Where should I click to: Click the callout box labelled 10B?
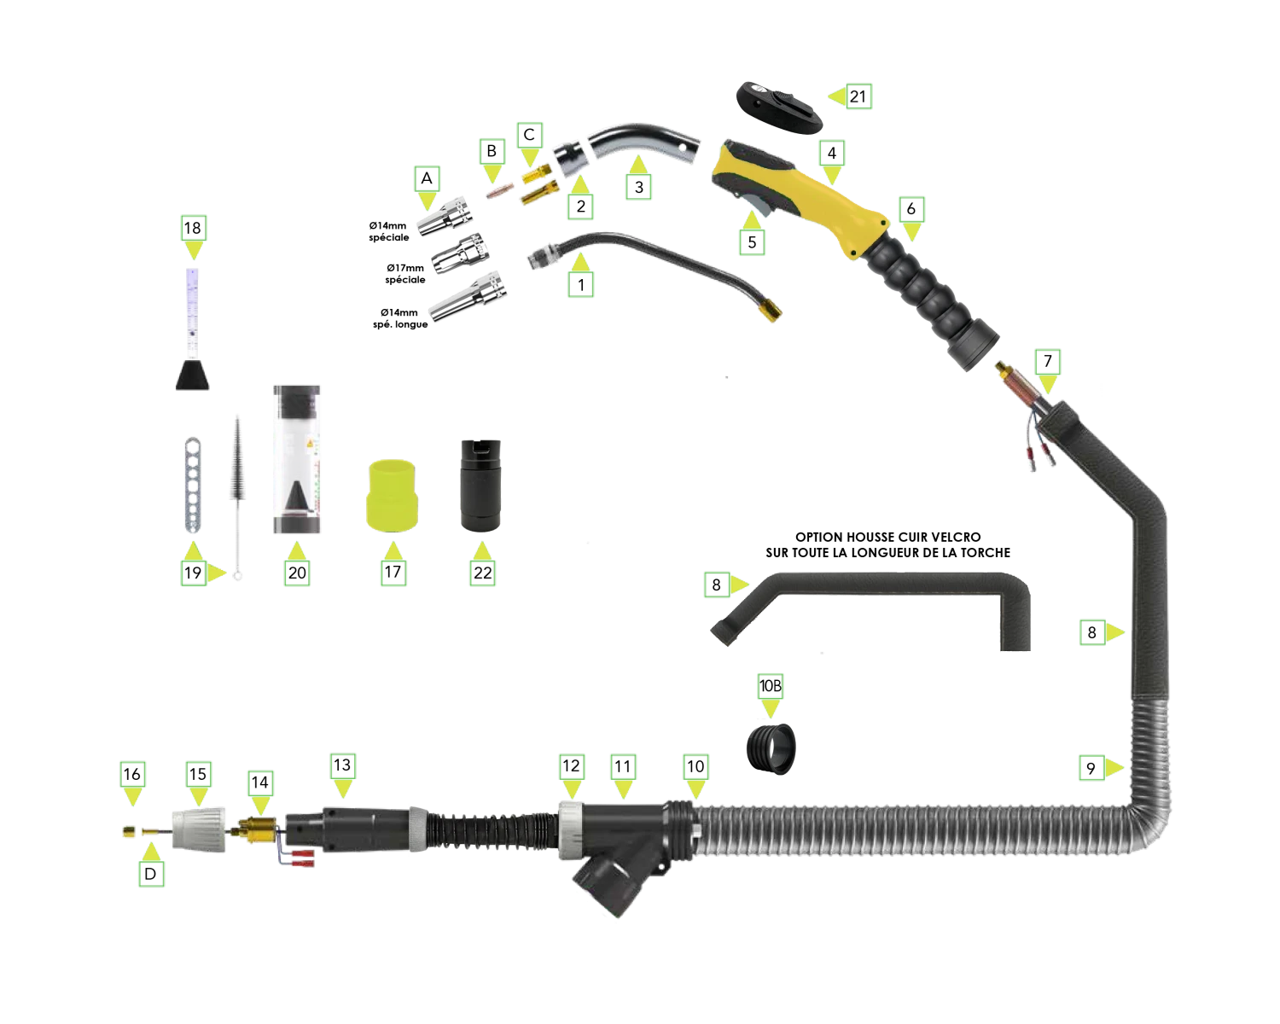point(771,686)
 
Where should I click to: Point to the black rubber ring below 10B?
point(771,748)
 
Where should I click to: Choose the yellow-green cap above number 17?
point(392,495)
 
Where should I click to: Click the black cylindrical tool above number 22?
point(481,485)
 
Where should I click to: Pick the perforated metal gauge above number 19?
point(193,485)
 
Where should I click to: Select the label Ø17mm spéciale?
point(405,274)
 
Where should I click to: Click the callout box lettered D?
point(151,874)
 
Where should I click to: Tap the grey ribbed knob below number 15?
point(200,829)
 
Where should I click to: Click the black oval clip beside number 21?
point(780,108)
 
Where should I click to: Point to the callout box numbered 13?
point(342,765)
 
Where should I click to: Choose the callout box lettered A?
point(427,178)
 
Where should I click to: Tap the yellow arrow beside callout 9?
point(1114,768)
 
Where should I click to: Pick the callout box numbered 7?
point(1047,362)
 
